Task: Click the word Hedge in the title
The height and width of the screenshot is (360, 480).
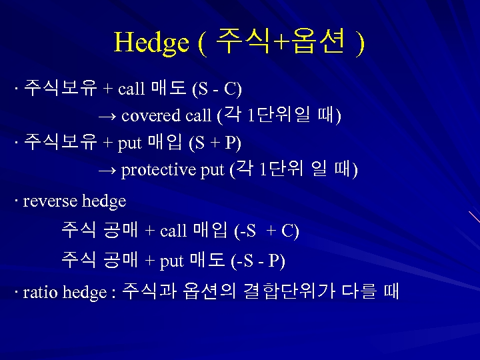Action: point(152,43)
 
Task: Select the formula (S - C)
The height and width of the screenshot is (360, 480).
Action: point(217,88)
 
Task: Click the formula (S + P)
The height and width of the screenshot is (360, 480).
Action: point(215,143)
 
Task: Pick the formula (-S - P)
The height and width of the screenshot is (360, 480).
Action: point(258,261)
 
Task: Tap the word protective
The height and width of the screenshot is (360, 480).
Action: point(159,171)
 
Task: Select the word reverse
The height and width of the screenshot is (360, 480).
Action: point(50,201)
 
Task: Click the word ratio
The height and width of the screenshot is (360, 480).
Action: point(41,293)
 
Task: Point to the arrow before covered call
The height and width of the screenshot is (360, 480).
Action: point(107,116)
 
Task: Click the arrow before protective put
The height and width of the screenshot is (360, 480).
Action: point(107,171)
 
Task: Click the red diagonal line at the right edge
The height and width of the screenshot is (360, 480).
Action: point(474,217)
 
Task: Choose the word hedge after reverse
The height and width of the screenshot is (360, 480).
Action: point(103,201)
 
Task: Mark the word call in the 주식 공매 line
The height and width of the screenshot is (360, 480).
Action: point(173,231)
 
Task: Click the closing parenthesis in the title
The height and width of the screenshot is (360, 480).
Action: point(360,44)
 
